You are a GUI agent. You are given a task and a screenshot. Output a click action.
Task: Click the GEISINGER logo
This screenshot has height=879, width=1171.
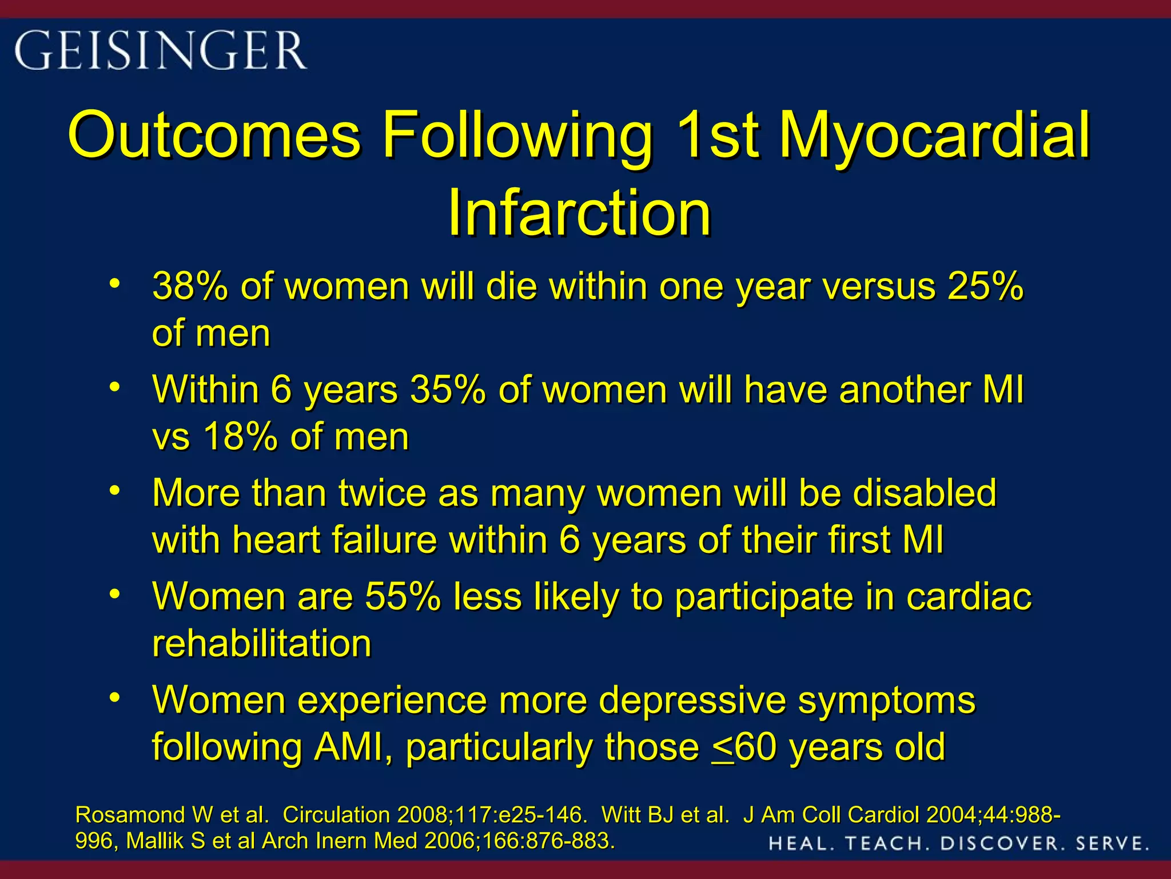click(161, 51)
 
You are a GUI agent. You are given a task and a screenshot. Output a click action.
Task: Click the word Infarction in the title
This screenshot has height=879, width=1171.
click(579, 213)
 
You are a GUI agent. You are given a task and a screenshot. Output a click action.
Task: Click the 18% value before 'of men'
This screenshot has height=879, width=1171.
click(240, 437)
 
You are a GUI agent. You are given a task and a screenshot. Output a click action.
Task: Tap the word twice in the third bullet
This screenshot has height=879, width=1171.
click(382, 493)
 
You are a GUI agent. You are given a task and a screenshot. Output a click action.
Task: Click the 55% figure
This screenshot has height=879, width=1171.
click(403, 597)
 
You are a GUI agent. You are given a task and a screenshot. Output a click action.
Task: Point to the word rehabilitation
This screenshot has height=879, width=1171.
click(262, 644)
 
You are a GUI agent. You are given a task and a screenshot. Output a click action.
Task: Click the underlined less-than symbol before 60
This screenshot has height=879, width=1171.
click(723, 748)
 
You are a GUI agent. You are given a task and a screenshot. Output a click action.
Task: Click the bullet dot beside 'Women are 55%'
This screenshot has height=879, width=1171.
click(115, 593)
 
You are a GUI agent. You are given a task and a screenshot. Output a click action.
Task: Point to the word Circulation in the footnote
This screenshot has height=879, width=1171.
click(337, 814)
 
